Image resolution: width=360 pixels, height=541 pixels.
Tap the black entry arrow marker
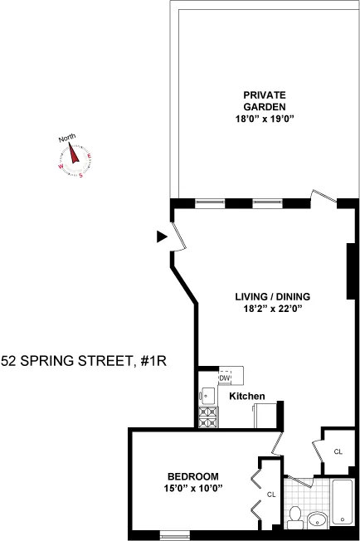pos(162,237)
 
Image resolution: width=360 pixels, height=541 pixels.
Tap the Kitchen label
pos(246,397)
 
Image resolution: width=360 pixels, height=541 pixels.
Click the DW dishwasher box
pos(224,378)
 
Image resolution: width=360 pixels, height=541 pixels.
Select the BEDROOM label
pos(192,476)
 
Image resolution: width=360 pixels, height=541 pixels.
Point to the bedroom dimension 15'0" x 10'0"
pos(192,488)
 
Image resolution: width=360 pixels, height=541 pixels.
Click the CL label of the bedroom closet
pos(271,495)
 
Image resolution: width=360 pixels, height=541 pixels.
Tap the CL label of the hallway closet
pos(338,451)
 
